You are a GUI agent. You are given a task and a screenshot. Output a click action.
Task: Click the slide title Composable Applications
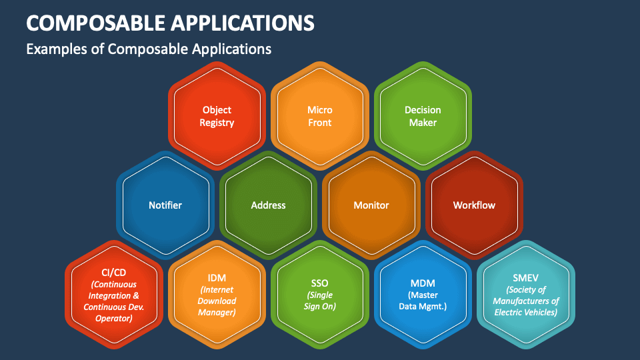(x=170, y=23)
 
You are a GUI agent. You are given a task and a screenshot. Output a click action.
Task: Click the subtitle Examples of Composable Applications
(x=148, y=49)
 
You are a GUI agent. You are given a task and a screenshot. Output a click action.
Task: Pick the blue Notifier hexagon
(x=165, y=205)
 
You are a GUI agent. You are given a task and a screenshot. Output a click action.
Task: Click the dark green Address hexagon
(x=268, y=205)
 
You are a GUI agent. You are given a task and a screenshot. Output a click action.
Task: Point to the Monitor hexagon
(x=371, y=205)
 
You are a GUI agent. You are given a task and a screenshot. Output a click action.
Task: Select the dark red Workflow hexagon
(x=474, y=205)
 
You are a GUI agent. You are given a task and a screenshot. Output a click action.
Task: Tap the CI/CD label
(x=114, y=273)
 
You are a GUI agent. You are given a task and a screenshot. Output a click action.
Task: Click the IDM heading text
(x=217, y=277)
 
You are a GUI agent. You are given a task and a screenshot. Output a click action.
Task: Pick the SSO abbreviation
(x=320, y=283)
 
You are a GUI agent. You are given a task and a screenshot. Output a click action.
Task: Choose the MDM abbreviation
(x=423, y=283)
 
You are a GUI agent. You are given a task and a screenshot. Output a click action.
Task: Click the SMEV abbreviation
(x=526, y=277)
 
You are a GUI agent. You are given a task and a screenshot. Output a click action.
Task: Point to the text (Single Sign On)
(x=320, y=301)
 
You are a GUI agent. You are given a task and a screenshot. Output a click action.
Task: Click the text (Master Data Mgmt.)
(x=423, y=301)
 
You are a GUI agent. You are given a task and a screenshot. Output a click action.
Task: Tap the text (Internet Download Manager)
(x=217, y=301)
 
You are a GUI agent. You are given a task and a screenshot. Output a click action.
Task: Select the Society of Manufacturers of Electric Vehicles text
(x=526, y=301)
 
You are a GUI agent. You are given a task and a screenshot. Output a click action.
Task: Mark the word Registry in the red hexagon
(x=217, y=123)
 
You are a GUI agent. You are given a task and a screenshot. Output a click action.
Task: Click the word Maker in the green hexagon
(x=423, y=123)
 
